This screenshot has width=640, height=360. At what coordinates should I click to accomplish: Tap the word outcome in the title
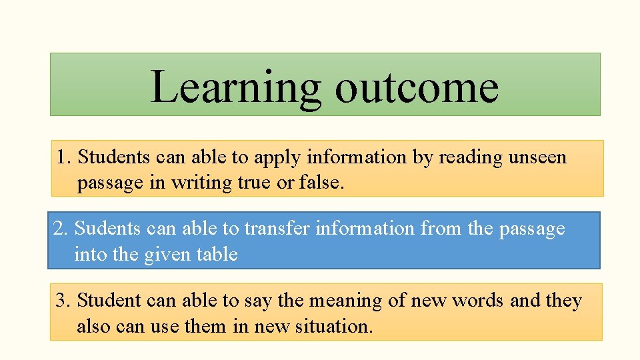[417, 87]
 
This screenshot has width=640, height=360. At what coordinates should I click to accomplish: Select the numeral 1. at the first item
[64, 158]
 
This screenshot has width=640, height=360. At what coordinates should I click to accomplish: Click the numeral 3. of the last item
[64, 301]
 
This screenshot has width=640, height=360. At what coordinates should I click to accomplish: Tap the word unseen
[537, 158]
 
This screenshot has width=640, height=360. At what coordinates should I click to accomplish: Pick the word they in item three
[564, 301]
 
